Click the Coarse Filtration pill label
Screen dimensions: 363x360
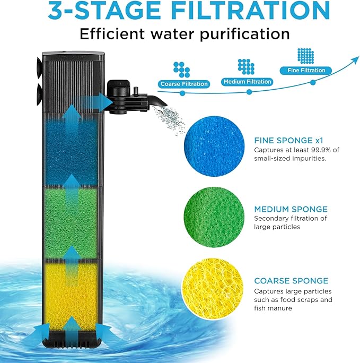[x=183, y=84]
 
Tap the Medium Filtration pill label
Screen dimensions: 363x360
[x=248, y=82]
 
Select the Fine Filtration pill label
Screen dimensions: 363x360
[x=305, y=70]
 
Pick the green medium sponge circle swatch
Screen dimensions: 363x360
[x=215, y=214]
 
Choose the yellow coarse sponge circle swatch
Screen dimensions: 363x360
[x=215, y=287]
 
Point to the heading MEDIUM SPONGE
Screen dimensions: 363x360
[x=291, y=209]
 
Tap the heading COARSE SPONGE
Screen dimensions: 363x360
[x=291, y=281]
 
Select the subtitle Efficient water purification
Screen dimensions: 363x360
[x=185, y=34]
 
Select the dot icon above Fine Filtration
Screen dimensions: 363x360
[x=305, y=56]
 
